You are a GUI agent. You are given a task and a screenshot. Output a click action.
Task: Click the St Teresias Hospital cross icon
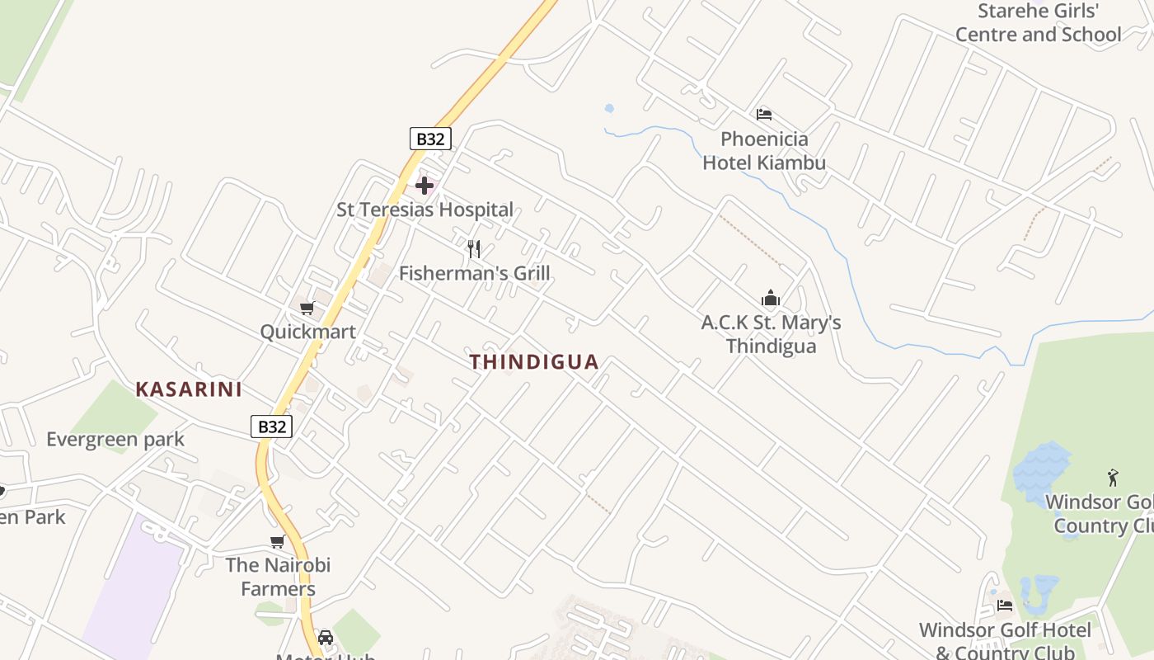[425, 186]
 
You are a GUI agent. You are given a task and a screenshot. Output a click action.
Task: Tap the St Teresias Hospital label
[425, 210]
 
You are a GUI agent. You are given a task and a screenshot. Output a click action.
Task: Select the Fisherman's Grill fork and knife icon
[474, 248]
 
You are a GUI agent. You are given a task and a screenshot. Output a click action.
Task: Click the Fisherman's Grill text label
[474, 273]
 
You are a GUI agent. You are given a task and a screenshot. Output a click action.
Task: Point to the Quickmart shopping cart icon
[307, 309]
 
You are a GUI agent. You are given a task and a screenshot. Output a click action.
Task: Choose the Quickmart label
[307, 332]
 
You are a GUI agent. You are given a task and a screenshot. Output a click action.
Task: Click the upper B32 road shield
[430, 139]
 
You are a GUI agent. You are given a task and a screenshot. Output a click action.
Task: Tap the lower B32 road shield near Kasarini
[271, 427]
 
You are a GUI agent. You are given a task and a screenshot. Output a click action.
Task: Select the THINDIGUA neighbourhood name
[534, 362]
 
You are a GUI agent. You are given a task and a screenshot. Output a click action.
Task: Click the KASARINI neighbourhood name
[189, 389]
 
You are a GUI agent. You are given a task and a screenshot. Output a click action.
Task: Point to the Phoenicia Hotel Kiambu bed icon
[764, 114]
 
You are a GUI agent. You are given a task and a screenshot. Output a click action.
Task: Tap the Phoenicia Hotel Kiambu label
[764, 151]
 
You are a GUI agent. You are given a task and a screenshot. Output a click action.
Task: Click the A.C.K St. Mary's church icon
[771, 298]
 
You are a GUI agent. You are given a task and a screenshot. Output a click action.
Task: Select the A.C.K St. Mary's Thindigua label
[771, 334]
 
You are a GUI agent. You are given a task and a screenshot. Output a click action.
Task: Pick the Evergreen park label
[115, 439]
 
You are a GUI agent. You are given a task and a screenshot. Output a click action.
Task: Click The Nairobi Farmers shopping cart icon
[278, 542]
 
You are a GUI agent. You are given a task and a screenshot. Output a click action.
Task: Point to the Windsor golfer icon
[1113, 478]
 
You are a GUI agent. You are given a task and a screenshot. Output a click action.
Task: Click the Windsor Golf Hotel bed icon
[1004, 606]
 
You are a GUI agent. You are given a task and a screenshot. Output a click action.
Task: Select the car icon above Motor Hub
[326, 638]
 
